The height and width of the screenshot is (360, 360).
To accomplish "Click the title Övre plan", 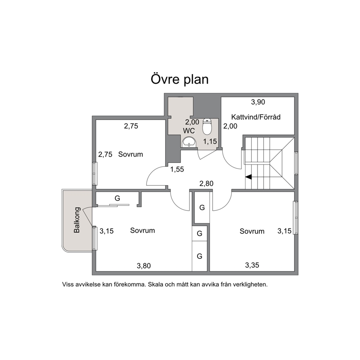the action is [x=180, y=79].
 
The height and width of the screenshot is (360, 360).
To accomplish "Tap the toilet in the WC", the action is [x=207, y=127].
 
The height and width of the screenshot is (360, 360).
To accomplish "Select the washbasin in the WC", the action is [x=189, y=142].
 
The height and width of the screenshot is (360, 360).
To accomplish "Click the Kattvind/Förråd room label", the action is [x=256, y=117].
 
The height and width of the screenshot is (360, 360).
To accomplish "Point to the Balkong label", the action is [x=77, y=220].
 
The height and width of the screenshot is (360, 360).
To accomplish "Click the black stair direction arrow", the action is [x=249, y=177].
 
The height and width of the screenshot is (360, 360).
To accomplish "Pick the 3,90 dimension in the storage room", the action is [x=258, y=102].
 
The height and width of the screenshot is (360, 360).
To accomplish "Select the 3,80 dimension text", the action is [x=144, y=266].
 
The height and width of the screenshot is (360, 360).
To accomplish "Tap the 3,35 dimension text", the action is [x=252, y=265].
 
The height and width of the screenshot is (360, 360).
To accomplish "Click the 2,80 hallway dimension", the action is [x=206, y=183].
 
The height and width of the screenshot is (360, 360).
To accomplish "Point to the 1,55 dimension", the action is [x=177, y=169].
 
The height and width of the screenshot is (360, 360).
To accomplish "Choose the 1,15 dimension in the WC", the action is [x=210, y=142].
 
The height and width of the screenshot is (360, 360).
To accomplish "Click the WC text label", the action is [x=189, y=131].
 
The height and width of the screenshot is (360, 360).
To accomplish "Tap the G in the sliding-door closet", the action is [x=117, y=198].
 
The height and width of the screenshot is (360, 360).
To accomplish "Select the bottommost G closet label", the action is [x=200, y=256].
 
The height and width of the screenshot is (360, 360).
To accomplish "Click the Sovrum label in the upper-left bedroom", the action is [x=130, y=154].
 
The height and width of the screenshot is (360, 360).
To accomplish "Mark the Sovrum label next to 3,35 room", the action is [x=252, y=231].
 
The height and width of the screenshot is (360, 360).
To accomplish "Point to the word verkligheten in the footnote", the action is [x=250, y=285].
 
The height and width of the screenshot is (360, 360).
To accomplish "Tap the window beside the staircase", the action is [x=296, y=163].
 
